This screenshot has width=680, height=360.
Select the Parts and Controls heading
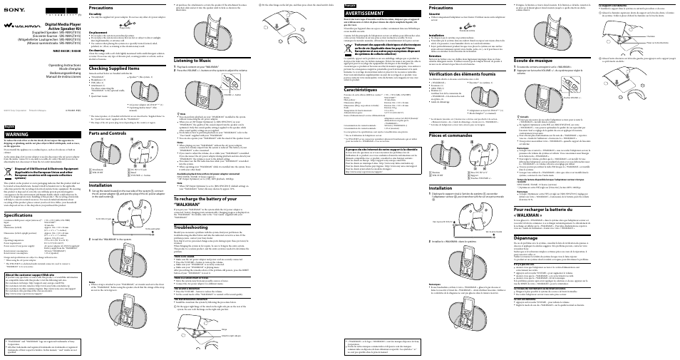(x=113, y=133)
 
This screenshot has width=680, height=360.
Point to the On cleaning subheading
(x=98, y=51)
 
